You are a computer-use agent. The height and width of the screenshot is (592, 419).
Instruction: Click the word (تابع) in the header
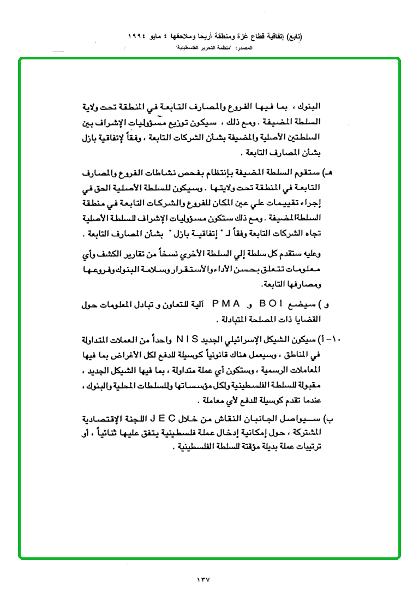(x=292, y=37)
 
